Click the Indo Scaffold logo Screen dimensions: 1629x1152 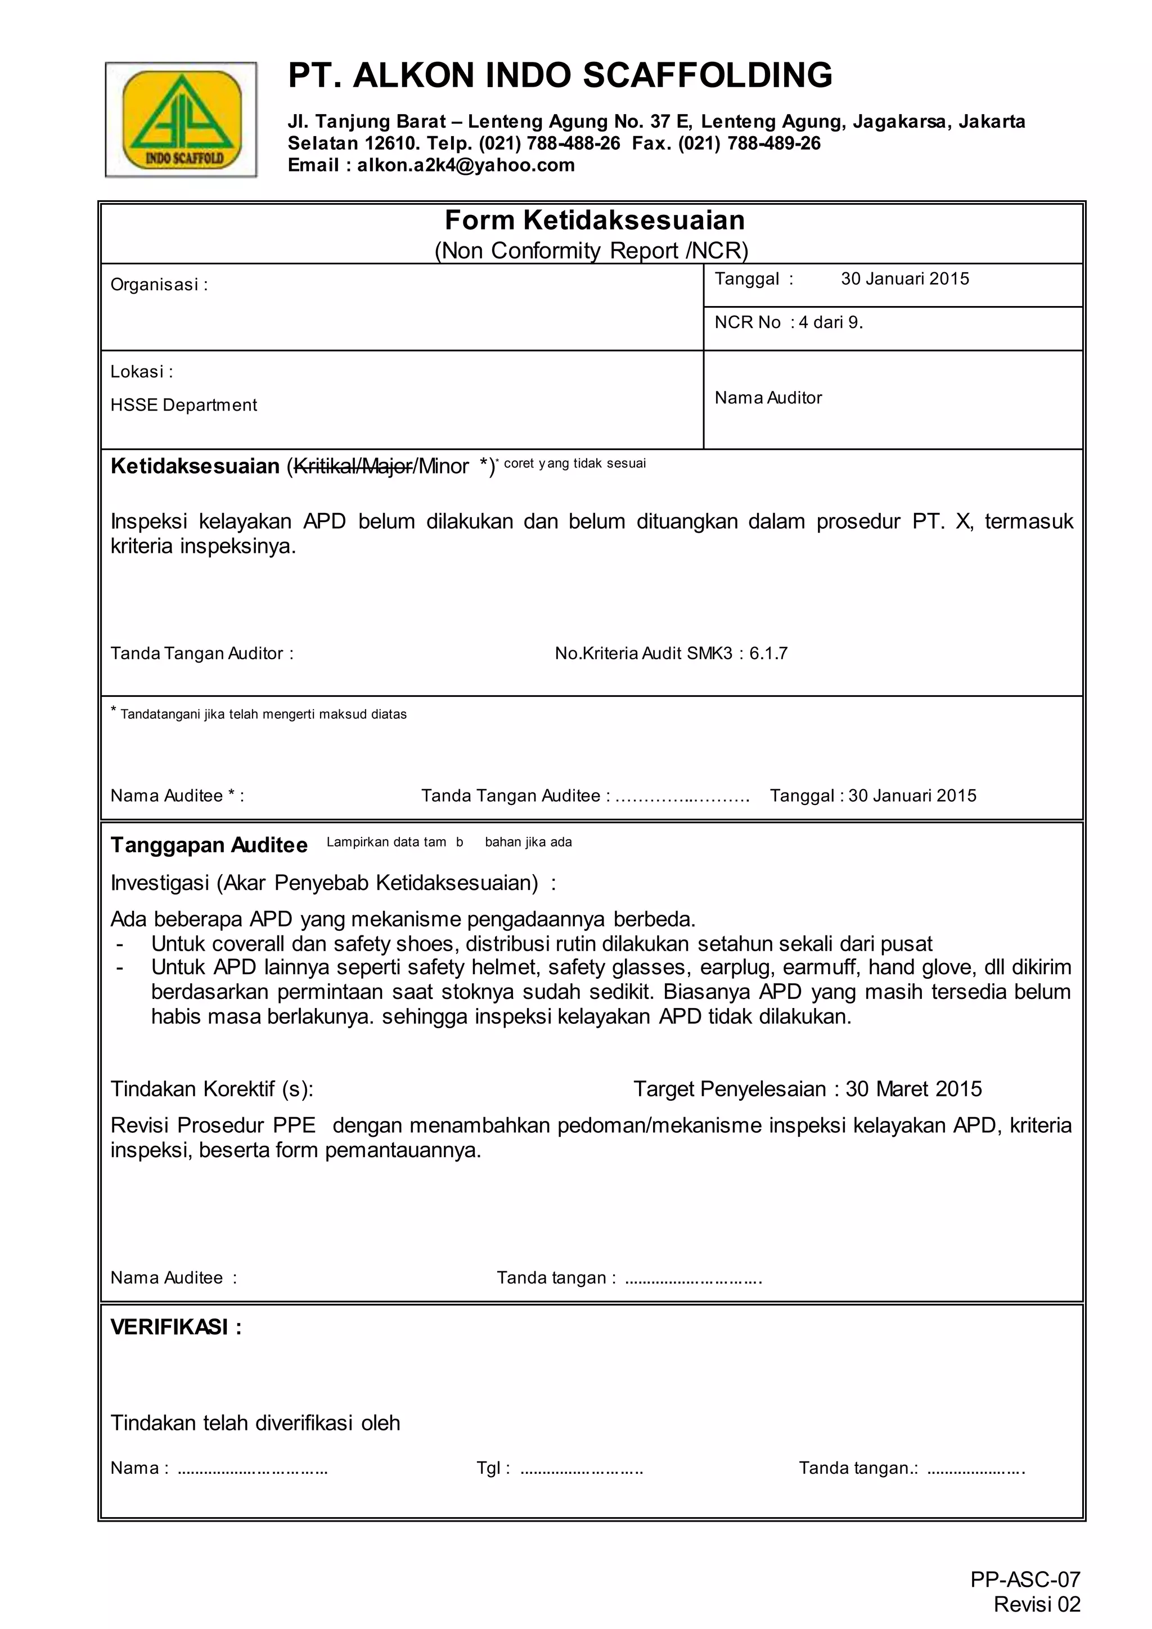(181, 119)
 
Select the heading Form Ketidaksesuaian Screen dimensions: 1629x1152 (595, 220)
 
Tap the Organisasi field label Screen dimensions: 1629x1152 (159, 285)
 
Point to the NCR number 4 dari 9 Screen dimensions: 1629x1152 (831, 323)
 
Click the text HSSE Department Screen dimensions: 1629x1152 (184, 405)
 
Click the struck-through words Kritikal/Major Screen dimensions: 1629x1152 (353, 467)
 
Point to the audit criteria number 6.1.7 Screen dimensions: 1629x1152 (768, 654)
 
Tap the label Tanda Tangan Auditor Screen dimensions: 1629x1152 (201, 654)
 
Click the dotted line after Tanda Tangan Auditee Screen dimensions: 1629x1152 (682, 796)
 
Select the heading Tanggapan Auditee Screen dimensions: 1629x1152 (209, 845)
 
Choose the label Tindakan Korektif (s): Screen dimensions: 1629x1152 (211, 1089)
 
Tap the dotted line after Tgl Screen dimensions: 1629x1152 (581, 1469)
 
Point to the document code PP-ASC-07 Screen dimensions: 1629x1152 (1025, 1580)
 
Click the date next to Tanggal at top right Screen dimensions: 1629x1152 (904, 279)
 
